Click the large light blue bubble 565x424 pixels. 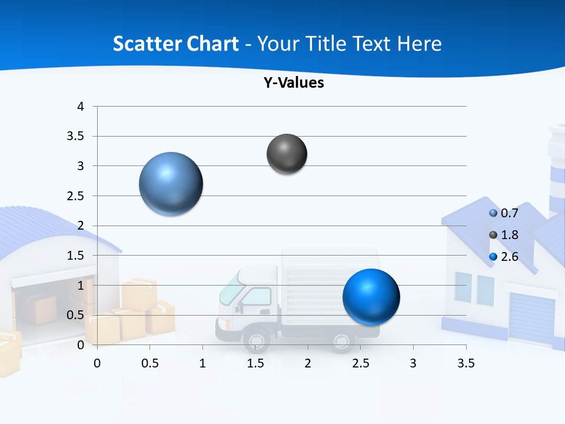coord(171,184)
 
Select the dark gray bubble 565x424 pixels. coord(287,154)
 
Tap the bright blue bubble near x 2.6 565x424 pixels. coord(371,297)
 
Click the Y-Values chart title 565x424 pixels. coord(294,83)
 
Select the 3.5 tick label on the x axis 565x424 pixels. coord(466,363)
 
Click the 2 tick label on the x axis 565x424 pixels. coord(307,363)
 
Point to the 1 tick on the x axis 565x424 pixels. coord(202,363)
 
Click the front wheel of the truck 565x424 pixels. coord(257,340)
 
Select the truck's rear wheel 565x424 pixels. coord(342,340)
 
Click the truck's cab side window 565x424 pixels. coord(256,296)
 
